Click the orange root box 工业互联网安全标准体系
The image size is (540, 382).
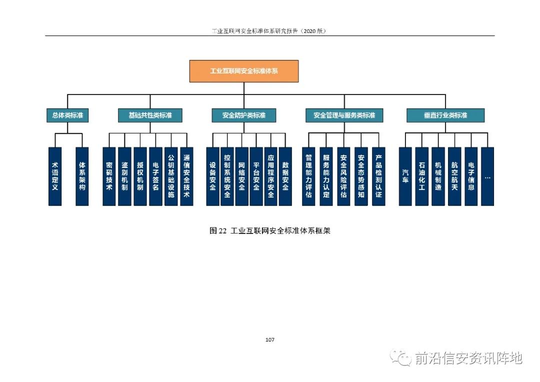pos(244,71)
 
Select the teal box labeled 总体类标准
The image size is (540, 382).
pos(67,115)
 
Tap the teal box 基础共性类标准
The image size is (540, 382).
pos(150,115)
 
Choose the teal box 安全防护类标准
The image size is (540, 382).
pos(244,115)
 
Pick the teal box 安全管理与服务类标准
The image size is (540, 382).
pos(344,115)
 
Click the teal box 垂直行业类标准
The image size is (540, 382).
pos(445,115)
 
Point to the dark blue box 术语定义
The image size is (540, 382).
pos(55,176)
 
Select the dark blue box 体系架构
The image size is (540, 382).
pos(82,176)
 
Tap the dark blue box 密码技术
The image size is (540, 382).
pos(109,176)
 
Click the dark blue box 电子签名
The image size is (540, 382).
pos(155,176)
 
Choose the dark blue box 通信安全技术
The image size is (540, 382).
pos(186,176)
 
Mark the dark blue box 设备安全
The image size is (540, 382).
pos(213,176)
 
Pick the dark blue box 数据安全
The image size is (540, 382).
pos(285,176)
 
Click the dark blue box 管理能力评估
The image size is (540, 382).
pos(308,176)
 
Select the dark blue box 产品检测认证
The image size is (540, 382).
pos(379,176)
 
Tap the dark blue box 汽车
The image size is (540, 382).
pos(405,176)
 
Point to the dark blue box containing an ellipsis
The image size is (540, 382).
pos(487,176)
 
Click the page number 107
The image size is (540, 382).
pos(270,340)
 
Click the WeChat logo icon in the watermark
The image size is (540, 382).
pos(400,357)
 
